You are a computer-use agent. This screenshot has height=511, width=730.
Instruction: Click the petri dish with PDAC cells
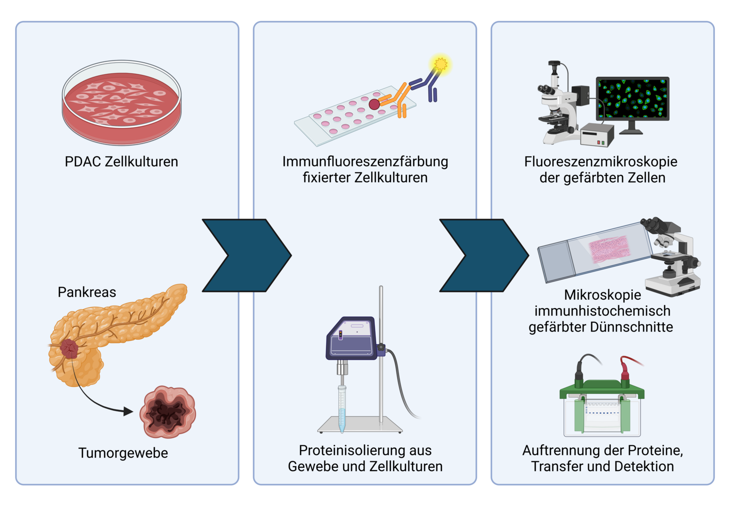point(122,103)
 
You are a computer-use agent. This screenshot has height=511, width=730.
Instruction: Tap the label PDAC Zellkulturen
point(121,162)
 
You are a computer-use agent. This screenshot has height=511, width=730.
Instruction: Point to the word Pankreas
point(87,292)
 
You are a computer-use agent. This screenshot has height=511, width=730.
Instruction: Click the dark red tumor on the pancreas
point(69,349)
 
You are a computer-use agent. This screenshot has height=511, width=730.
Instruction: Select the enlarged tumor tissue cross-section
point(167,412)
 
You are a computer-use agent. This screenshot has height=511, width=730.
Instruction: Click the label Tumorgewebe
point(123,453)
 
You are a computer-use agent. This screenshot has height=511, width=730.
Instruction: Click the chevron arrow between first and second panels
point(247,255)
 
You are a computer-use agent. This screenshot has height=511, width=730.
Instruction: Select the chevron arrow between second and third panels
point(484,255)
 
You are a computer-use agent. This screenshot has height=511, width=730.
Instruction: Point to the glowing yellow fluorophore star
point(440,64)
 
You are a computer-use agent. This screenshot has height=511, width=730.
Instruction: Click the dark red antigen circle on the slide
point(374,104)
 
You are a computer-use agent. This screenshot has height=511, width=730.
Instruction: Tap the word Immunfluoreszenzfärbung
point(365,162)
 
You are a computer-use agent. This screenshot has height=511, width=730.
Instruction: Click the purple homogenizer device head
point(352,338)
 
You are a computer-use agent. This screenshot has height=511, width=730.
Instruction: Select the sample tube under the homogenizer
point(342,409)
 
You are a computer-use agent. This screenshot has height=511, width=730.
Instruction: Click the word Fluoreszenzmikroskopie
point(601,162)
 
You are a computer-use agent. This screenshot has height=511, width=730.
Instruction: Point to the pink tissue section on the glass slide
point(609,249)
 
